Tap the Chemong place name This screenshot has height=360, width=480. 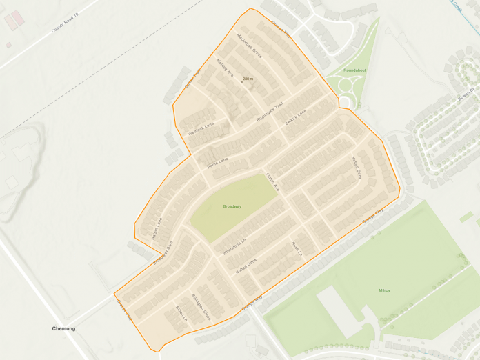pyautogui.click(x=63, y=329)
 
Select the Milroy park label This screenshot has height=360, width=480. pyautogui.click(x=384, y=290)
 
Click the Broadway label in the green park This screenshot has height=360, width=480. pyautogui.click(x=232, y=206)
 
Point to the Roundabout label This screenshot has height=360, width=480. pyautogui.click(x=355, y=70)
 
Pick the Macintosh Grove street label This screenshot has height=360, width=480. pyautogui.click(x=249, y=45)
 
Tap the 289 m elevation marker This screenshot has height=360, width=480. pyautogui.click(x=248, y=79)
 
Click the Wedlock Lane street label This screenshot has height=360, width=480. pyautogui.click(x=201, y=128)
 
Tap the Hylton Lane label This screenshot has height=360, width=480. pyautogui.click(x=157, y=228)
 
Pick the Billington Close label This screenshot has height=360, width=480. pyautogui.click(x=201, y=306)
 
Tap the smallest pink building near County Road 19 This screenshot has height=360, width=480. pyautogui.click(x=8, y=46)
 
